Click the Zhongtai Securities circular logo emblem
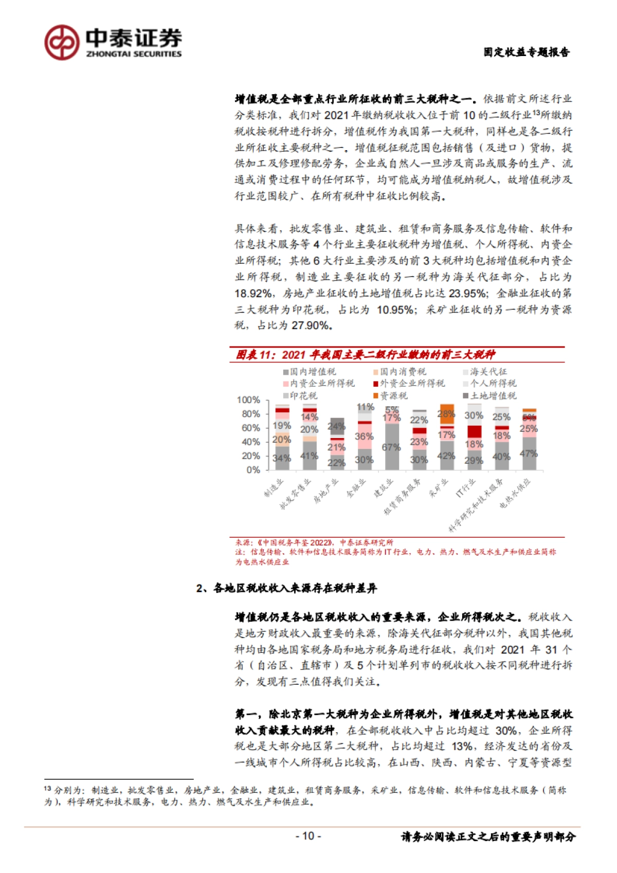pyautogui.click(x=62, y=42)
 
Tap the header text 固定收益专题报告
pyautogui.click(x=526, y=52)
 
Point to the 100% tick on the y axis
pyautogui.click(x=248, y=400)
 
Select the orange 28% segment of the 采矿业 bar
pyautogui.click(x=447, y=414)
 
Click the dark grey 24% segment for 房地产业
pyautogui.click(x=337, y=427)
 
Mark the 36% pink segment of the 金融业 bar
pyautogui.click(x=365, y=436)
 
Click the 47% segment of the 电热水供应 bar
pyautogui.click(x=529, y=453)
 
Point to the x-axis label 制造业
pyautogui.click(x=274, y=487)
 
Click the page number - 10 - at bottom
pyautogui.click(x=308, y=836)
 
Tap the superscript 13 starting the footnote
pyautogui.click(x=47, y=788)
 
